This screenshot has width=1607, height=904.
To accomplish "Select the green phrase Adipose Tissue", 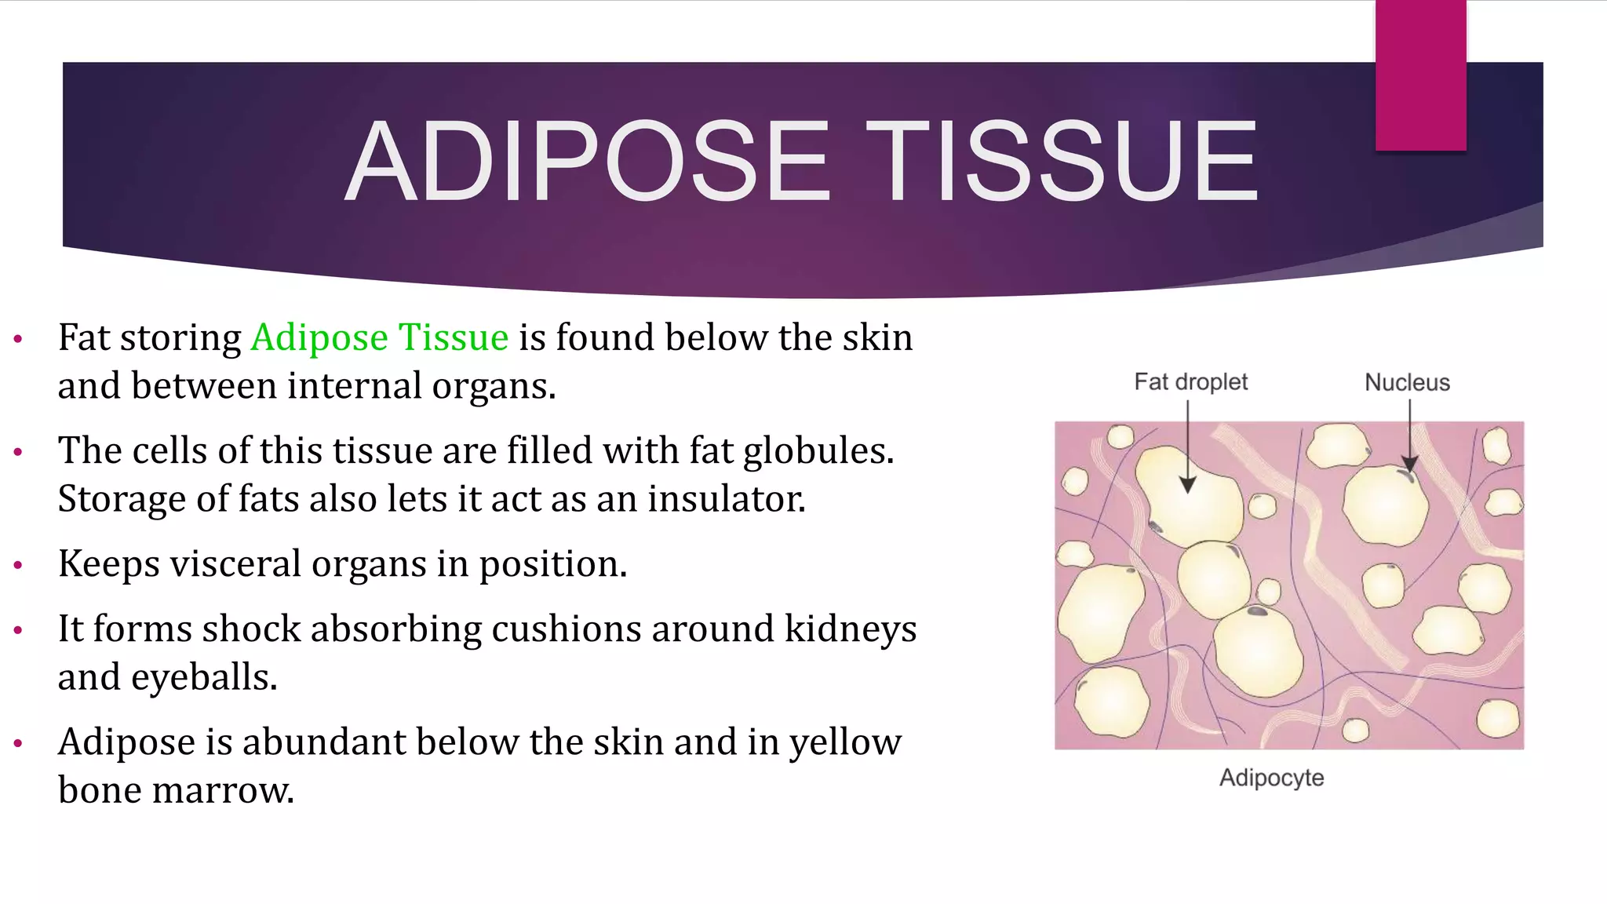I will [x=380, y=337].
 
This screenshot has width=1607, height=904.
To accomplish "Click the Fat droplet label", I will [x=1190, y=382].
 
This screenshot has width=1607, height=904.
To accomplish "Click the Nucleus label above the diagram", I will [x=1407, y=382].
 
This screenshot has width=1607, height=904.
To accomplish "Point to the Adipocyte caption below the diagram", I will [x=1271, y=778].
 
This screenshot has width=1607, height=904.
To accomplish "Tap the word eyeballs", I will [x=203, y=677].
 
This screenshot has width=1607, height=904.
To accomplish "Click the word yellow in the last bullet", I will [x=845, y=742].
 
